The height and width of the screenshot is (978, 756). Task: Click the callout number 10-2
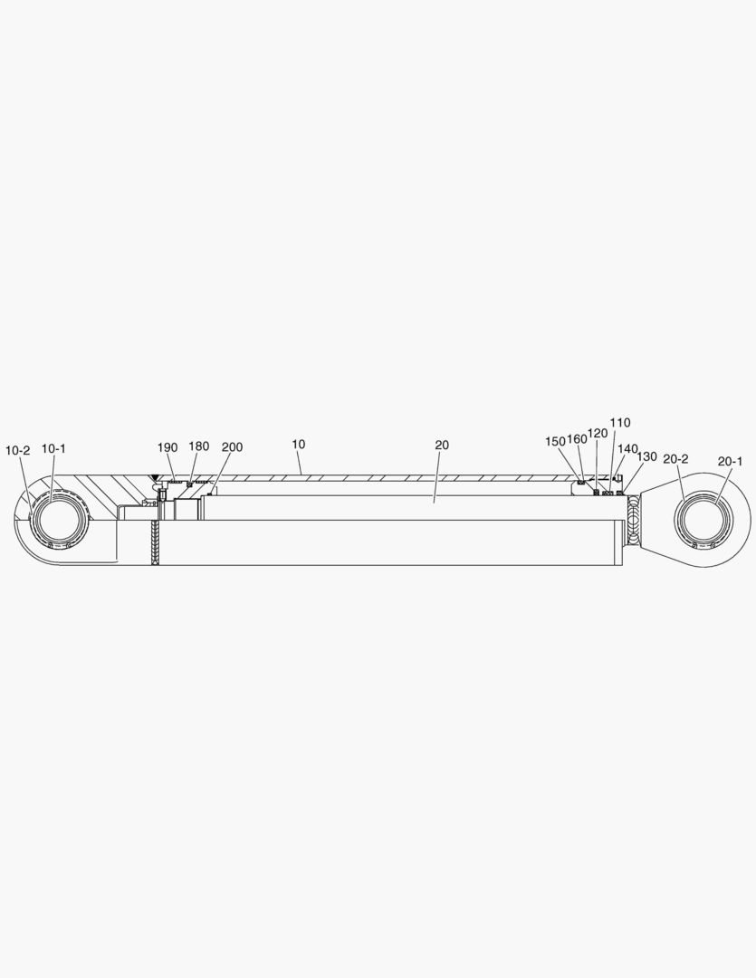(x=17, y=450)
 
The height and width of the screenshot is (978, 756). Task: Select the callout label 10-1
(x=53, y=448)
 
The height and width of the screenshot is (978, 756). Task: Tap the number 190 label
(x=167, y=447)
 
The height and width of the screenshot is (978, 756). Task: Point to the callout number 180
(x=199, y=446)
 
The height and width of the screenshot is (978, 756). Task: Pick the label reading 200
(x=232, y=447)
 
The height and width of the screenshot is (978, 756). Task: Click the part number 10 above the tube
(x=299, y=444)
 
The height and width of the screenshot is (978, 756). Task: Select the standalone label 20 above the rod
(x=442, y=445)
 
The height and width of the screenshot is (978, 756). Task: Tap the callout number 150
(x=555, y=441)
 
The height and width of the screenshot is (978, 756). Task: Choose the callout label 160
(x=577, y=439)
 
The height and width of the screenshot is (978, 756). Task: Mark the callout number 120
(x=598, y=434)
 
